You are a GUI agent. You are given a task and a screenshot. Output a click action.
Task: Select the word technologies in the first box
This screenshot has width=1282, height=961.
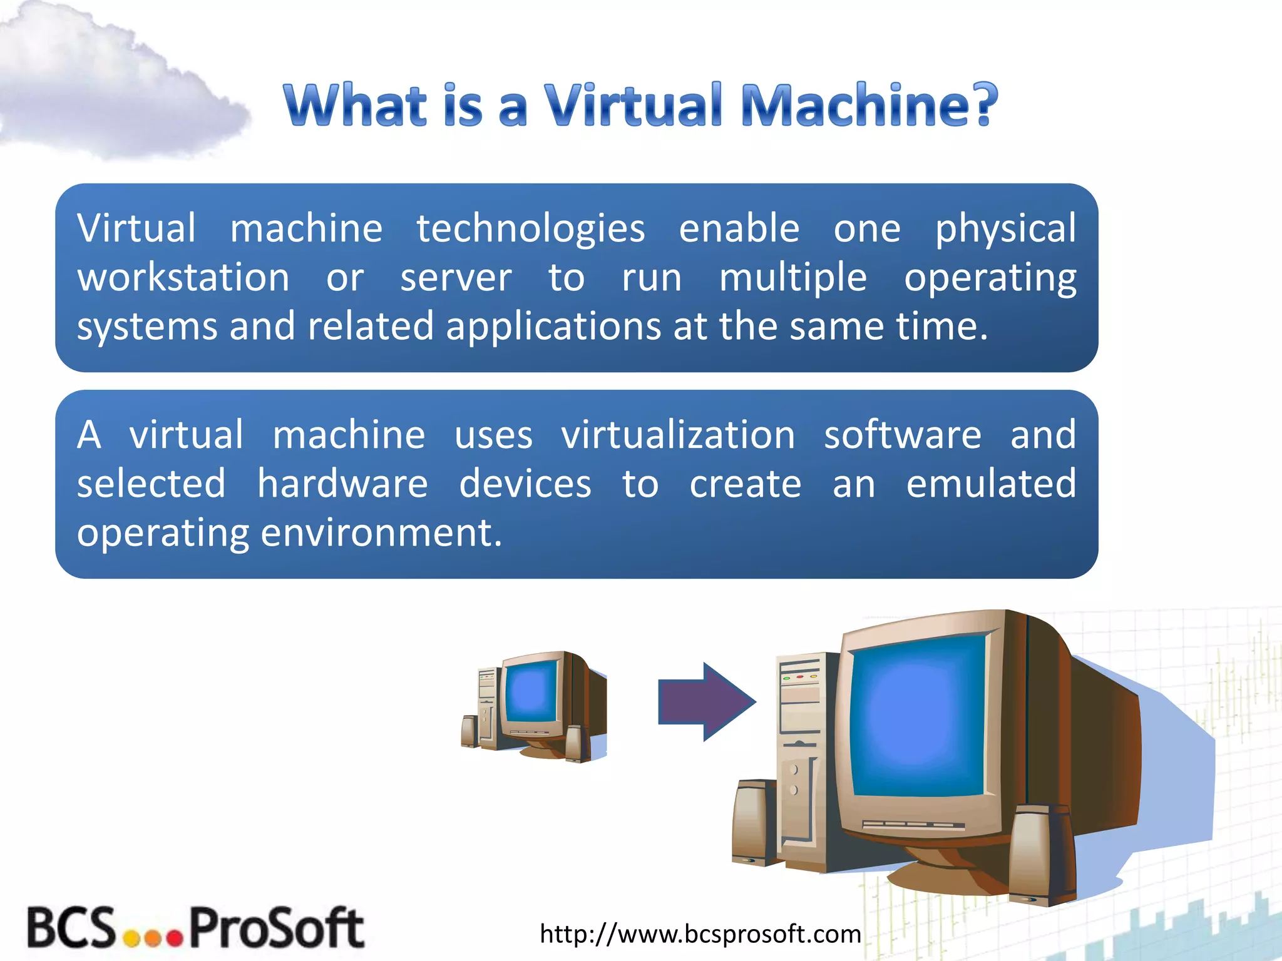point(530,229)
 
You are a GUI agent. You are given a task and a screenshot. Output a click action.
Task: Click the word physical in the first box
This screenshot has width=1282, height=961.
point(1005,229)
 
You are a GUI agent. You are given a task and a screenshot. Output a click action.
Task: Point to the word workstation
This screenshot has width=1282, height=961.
point(183,277)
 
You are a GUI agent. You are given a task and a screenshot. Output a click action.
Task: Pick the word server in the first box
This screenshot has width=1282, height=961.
point(456,278)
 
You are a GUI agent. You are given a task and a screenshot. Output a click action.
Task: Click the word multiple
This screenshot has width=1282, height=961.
point(792,278)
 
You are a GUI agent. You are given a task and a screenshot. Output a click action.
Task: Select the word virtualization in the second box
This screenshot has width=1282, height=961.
point(678,435)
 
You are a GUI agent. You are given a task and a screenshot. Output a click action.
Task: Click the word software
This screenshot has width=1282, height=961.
point(902,435)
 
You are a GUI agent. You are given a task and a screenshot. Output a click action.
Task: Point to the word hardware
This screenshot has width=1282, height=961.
point(342,484)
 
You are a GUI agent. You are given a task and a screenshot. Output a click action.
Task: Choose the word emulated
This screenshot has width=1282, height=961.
point(991,484)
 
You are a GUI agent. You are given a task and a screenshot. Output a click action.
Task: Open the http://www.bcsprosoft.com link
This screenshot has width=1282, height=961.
point(700,933)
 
